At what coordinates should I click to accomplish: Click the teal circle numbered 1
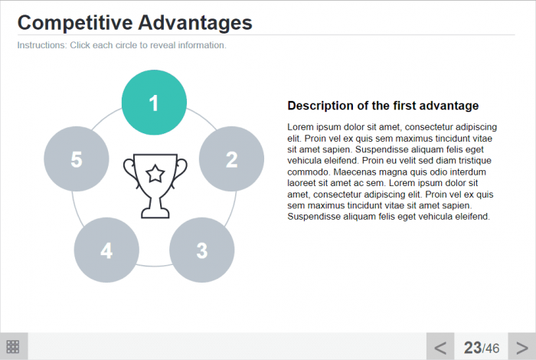tap(154, 103)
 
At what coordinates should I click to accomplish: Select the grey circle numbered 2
tap(231, 159)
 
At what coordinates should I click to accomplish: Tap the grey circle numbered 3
tap(202, 250)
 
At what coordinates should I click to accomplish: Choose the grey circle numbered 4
tap(106, 250)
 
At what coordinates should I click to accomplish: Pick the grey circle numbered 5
tap(77, 159)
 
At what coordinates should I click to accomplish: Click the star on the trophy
tap(155, 173)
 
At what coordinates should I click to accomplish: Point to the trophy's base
tap(155, 214)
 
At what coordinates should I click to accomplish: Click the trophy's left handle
tap(130, 170)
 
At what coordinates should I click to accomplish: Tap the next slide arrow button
tap(521, 346)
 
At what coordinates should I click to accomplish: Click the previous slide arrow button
tap(440, 346)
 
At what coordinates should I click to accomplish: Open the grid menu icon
tap(13, 347)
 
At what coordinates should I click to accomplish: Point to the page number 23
tap(472, 348)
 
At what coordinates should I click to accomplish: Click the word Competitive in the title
tap(75, 23)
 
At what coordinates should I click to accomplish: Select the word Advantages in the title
tap(195, 23)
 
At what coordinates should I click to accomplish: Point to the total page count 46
tap(492, 349)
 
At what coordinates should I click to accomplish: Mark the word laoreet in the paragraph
tap(302, 183)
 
